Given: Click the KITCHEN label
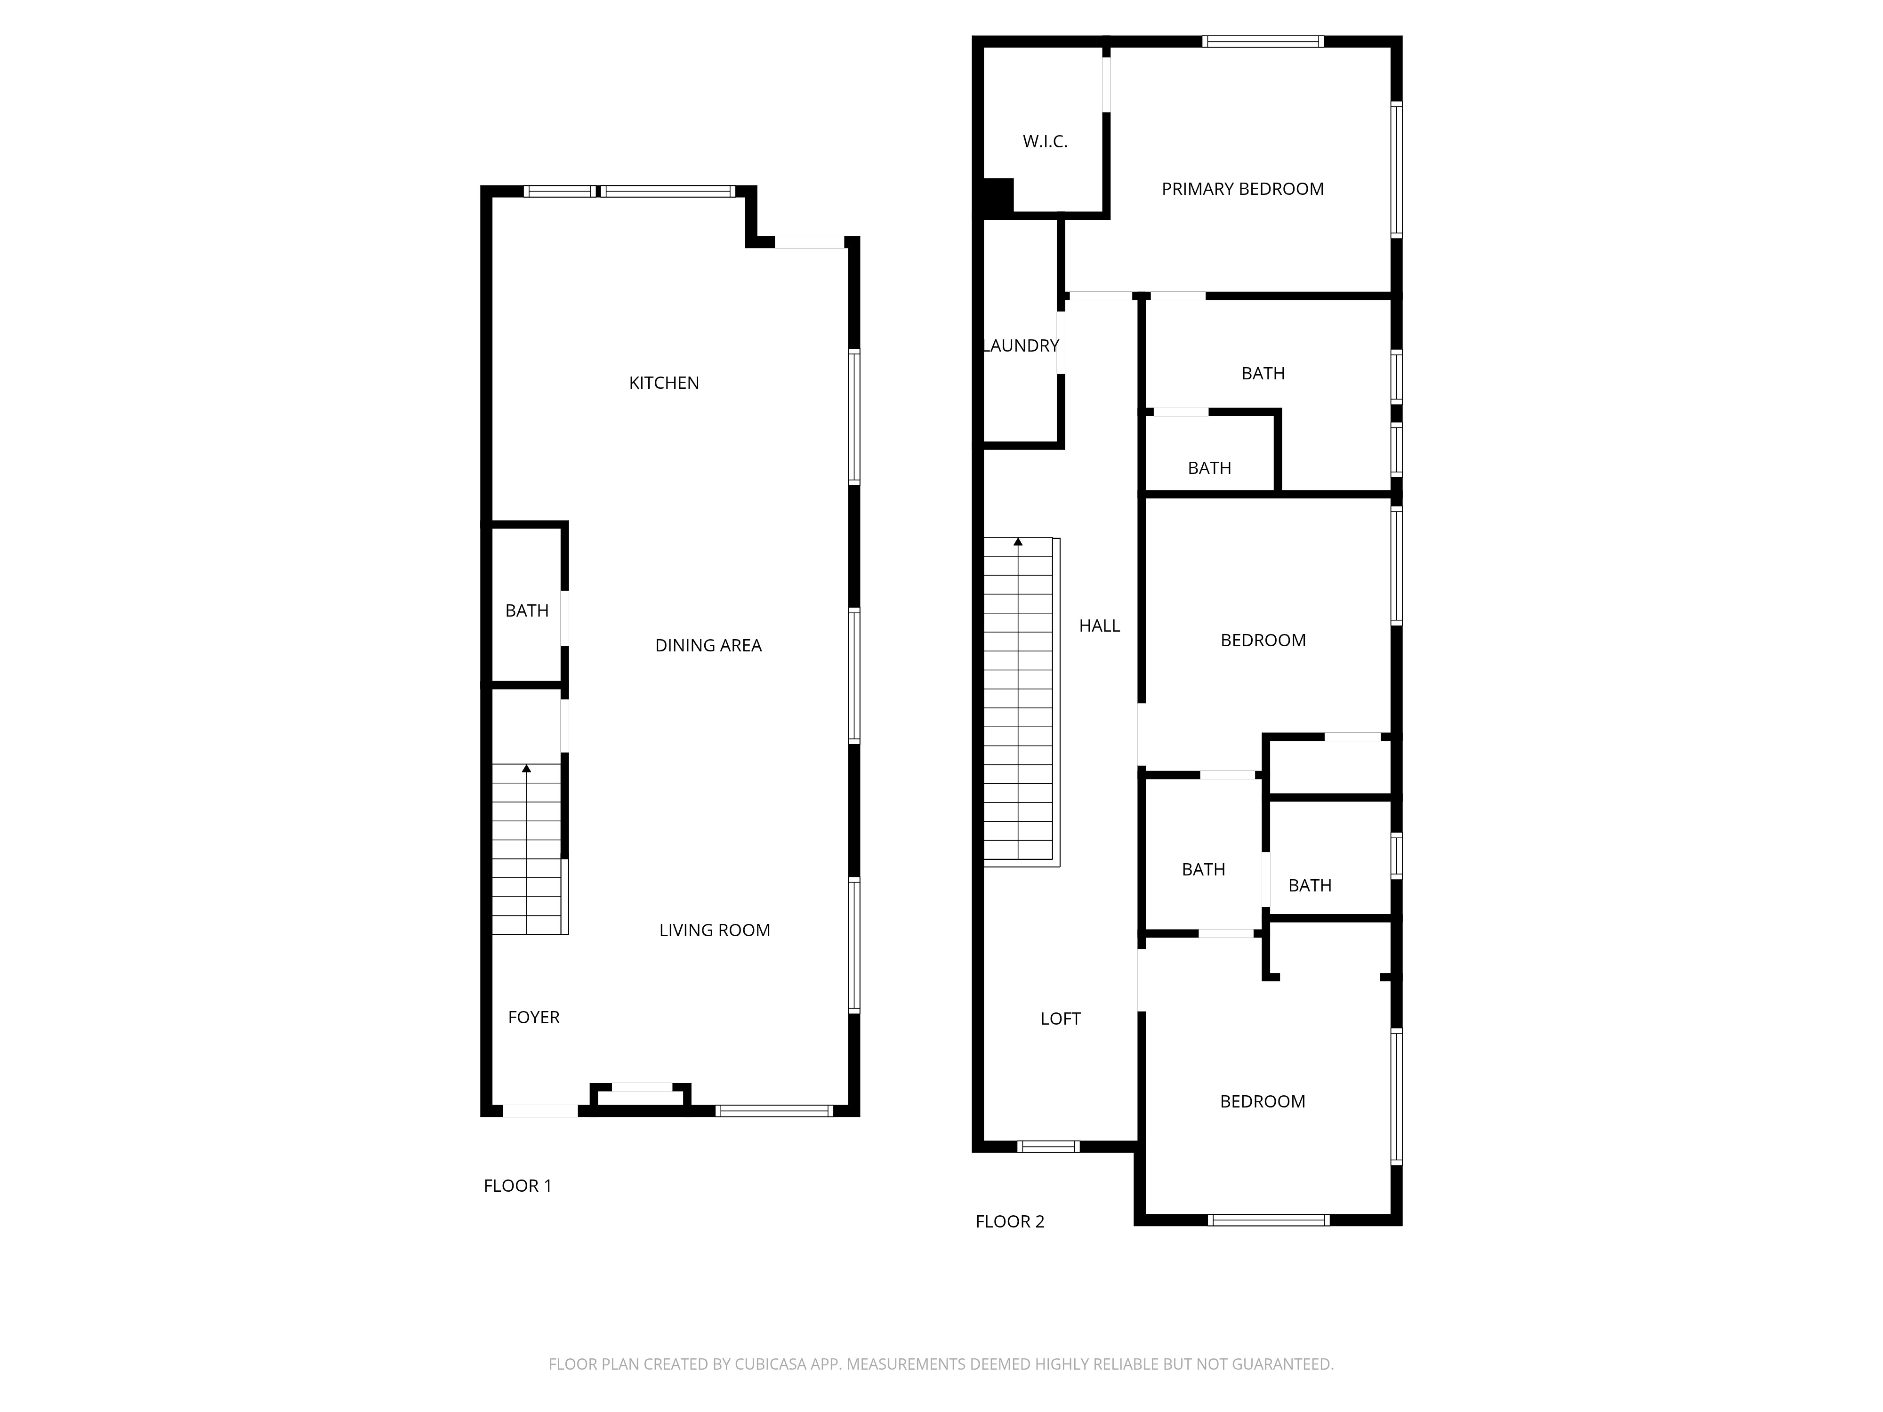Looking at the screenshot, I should [x=664, y=383].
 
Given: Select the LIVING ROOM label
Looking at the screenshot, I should [x=714, y=930].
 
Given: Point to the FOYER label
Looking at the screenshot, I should [x=534, y=1017].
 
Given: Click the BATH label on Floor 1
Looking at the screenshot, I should [x=527, y=610].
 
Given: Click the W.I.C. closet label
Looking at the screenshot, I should [x=1045, y=141].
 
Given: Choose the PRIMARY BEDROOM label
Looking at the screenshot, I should [x=1242, y=189].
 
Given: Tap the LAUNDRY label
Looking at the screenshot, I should [x=1021, y=345].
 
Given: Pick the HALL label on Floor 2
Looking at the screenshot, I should [x=1099, y=626].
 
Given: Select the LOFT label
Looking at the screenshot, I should [x=1060, y=1019].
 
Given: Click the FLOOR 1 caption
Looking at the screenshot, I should [x=517, y=1186].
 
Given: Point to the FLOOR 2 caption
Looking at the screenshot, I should [x=1010, y=1221].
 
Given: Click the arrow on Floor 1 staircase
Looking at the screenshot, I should [x=527, y=769].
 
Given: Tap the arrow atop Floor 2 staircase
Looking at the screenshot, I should [x=1018, y=541].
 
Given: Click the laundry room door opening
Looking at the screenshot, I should [x=1061, y=342].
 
